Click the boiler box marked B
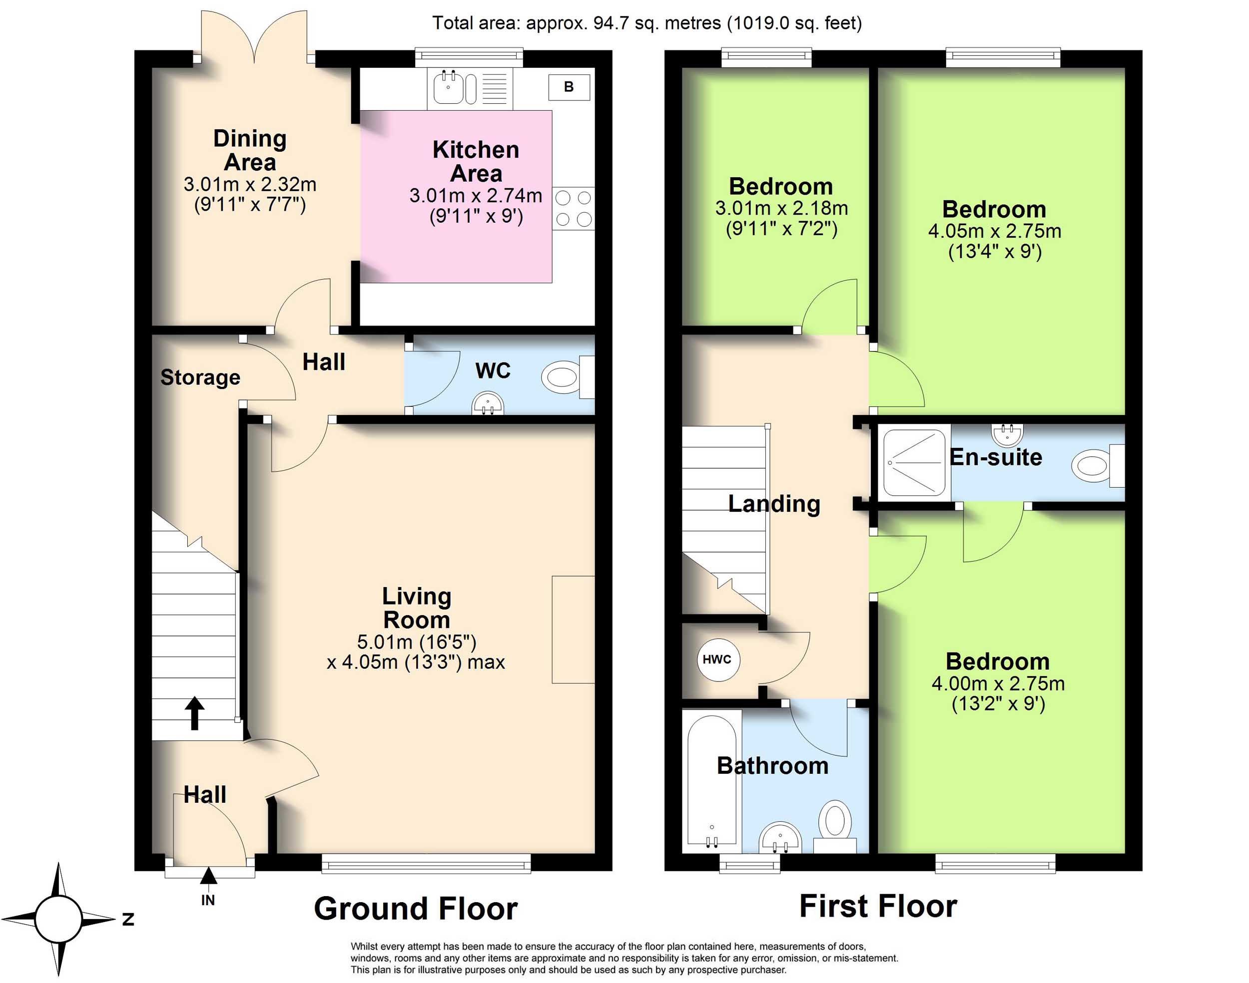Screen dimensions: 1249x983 (569, 87)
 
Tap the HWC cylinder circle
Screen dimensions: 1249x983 (717, 659)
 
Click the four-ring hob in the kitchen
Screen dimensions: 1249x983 (573, 208)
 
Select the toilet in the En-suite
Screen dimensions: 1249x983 (1098, 464)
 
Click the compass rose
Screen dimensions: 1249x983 (58, 919)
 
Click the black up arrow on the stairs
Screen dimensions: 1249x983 (195, 713)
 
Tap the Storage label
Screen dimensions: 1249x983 (200, 377)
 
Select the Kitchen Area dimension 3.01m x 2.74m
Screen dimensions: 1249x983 (476, 196)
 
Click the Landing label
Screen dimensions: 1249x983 (774, 504)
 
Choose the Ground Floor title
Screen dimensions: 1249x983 (416, 909)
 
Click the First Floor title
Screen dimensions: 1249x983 (878, 907)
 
